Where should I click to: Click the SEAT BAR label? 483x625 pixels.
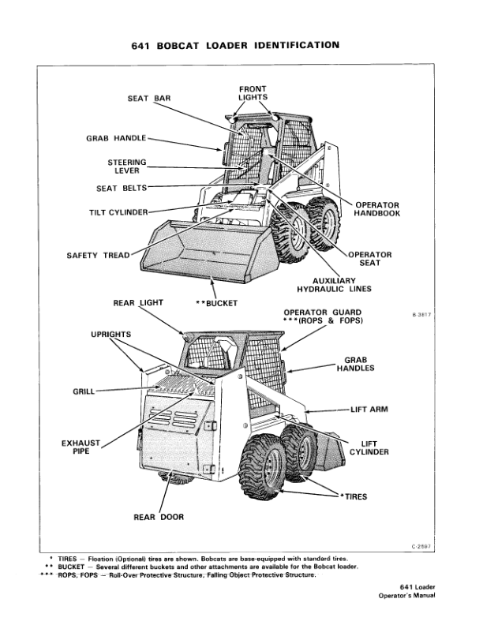coord(149,99)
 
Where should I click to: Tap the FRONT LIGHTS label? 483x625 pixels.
coord(253,92)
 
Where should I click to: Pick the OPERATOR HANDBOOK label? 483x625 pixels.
coord(377,209)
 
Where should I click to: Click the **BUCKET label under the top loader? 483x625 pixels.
coord(216,302)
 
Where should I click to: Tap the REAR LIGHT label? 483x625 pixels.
coord(138,302)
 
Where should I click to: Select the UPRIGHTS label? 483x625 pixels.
coord(111,335)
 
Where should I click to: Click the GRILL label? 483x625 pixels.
coord(84,391)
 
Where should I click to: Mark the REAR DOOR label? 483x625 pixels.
coord(159,518)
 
